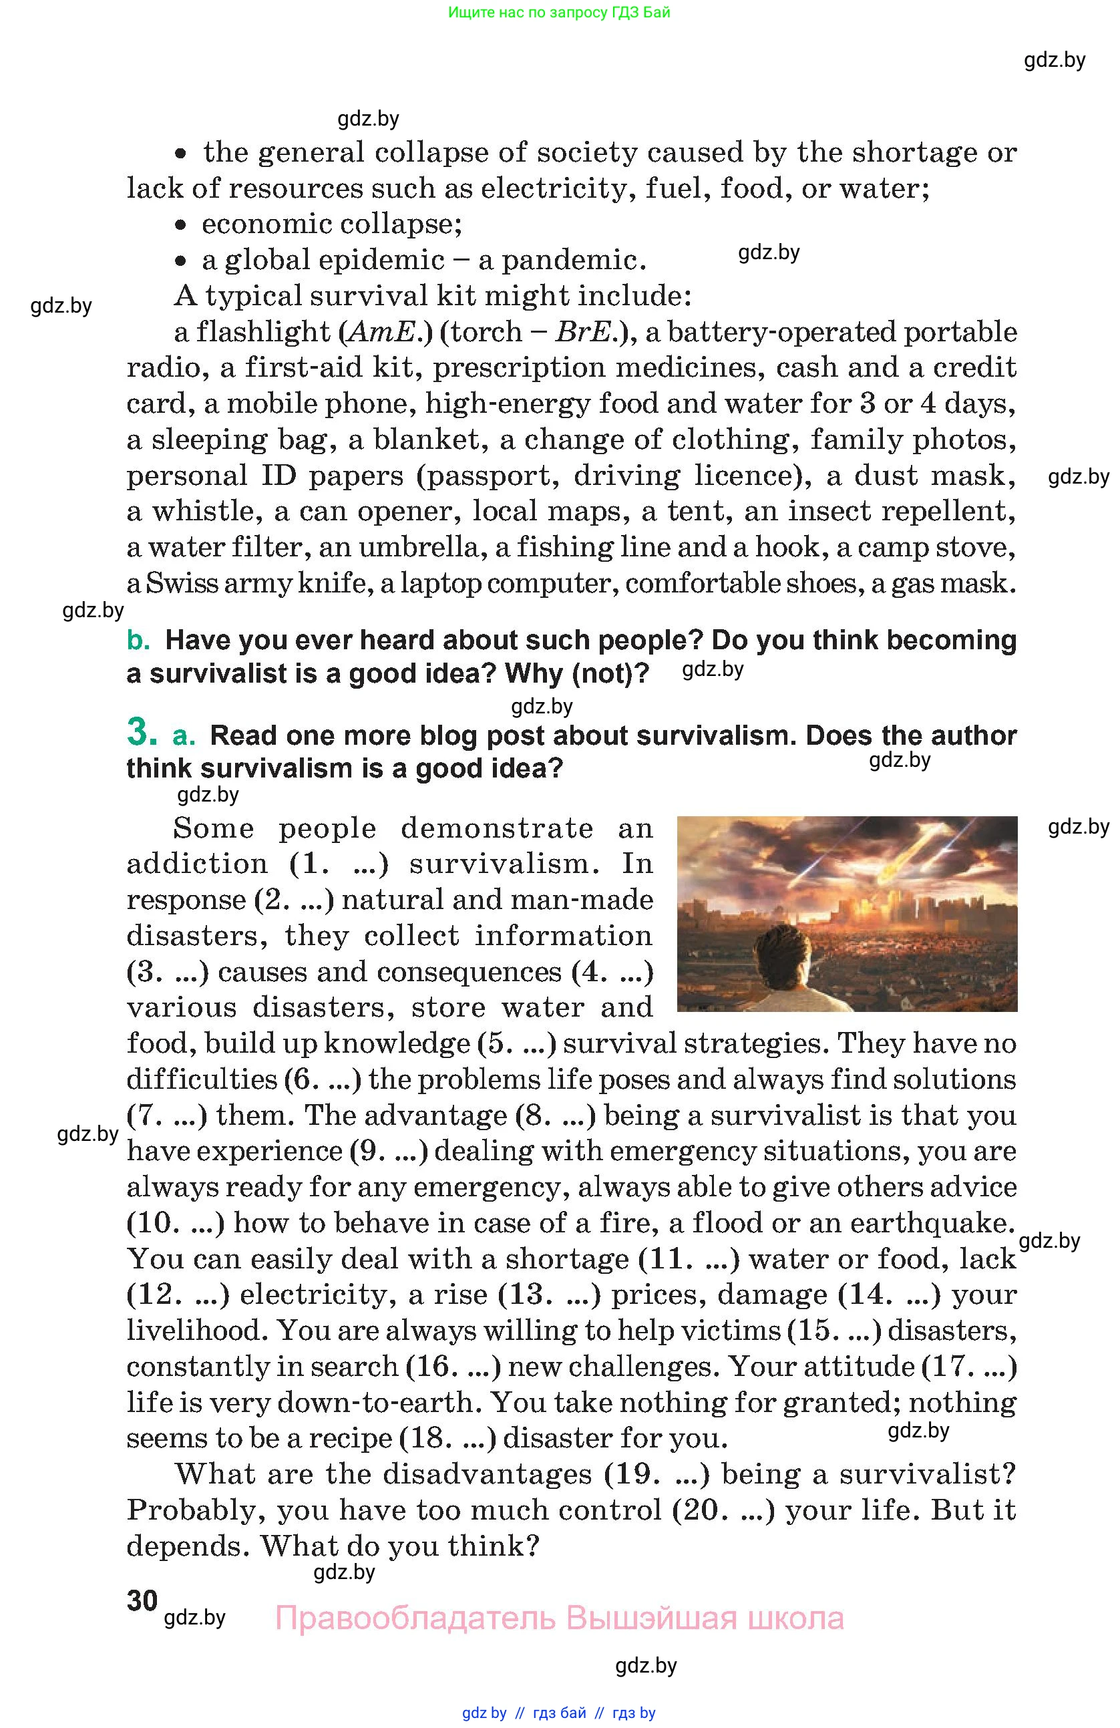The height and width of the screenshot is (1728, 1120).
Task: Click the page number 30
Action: click(x=142, y=1600)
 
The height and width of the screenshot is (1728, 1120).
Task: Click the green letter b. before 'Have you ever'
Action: click(x=138, y=641)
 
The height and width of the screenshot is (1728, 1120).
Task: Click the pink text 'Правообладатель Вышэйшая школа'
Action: click(x=559, y=1618)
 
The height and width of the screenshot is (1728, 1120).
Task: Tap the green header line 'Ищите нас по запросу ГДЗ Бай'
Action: click(x=559, y=12)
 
